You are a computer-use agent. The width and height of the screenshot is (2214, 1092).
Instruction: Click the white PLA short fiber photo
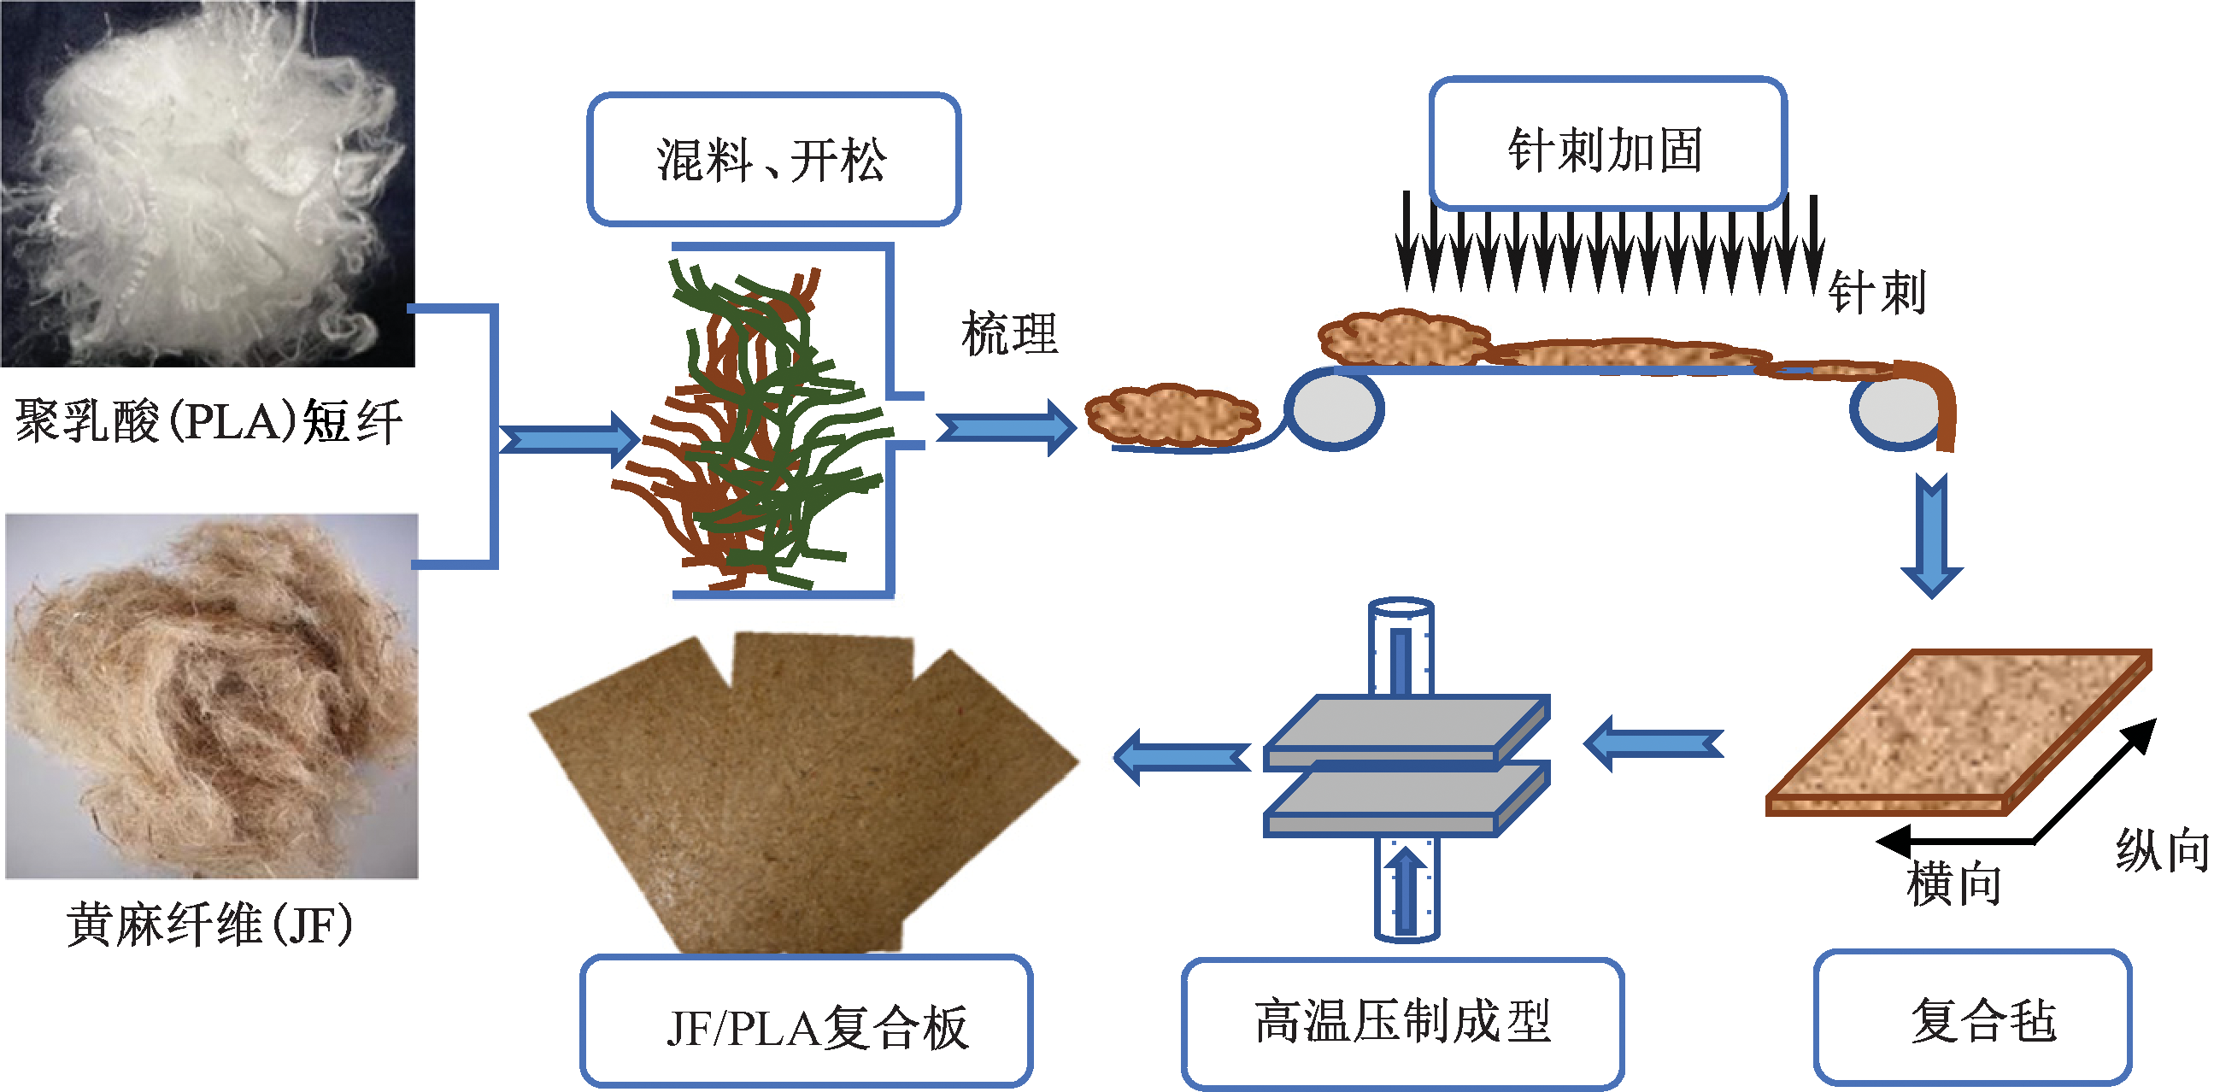pos(207,183)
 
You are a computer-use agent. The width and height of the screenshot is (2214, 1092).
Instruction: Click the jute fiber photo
pos(211,696)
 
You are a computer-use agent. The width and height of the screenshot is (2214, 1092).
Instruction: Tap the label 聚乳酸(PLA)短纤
pos(208,422)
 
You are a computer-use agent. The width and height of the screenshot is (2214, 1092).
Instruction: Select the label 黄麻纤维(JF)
pos(209,925)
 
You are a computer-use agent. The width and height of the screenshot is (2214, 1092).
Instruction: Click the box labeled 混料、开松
pos(772,160)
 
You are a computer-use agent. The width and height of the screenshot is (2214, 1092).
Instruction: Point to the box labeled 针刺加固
pos(1606,144)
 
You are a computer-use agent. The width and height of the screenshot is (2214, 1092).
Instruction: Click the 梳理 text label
pos(1009,333)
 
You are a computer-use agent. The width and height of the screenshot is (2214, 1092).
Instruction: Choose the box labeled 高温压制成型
pos(1401,1023)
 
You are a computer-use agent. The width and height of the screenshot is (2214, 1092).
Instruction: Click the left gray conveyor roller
pos(1333,409)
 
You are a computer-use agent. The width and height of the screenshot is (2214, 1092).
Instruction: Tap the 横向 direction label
pos(1953,884)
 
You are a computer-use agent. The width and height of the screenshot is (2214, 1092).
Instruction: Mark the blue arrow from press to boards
pos(1183,757)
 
